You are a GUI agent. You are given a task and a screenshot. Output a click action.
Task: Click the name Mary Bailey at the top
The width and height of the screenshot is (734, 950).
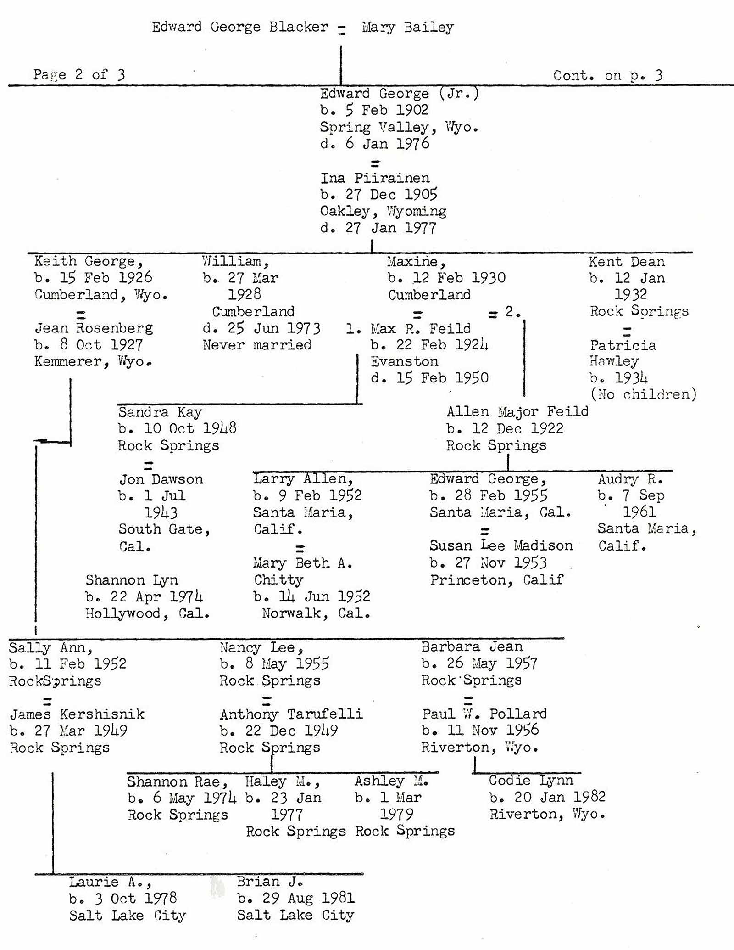(x=407, y=28)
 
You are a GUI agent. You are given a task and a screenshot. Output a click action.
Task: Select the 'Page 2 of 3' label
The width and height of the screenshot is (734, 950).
(x=79, y=74)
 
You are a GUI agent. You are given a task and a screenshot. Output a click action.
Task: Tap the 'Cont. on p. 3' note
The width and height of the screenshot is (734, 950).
(x=607, y=75)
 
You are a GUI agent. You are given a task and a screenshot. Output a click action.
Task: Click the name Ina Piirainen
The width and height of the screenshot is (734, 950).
(x=375, y=178)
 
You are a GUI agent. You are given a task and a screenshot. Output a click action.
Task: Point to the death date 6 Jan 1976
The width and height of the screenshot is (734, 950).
(x=375, y=144)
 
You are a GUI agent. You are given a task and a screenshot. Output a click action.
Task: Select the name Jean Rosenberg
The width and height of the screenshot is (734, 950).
(x=94, y=328)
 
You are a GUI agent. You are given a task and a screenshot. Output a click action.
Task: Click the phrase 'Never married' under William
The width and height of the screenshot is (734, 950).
(x=257, y=345)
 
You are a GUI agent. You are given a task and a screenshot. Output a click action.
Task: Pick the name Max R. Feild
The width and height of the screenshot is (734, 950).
(x=420, y=329)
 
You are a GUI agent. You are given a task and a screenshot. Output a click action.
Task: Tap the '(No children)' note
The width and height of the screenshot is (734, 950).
(x=643, y=394)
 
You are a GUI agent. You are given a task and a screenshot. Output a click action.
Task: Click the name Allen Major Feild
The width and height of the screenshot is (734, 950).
(x=517, y=411)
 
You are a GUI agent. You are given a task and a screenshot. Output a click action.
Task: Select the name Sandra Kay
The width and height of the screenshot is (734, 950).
(x=160, y=412)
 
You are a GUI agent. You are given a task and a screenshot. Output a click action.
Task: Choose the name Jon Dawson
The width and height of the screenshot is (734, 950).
(x=161, y=479)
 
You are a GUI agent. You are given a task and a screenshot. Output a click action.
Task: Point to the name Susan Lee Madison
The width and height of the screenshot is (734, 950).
(x=501, y=546)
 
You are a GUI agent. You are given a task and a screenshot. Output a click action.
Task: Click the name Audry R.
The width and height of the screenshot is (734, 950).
(x=630, y=479)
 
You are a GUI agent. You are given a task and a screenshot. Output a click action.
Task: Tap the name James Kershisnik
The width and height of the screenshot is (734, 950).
(x=77, y=714)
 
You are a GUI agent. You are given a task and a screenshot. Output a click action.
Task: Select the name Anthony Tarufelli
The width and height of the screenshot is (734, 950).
(x=291, y=714)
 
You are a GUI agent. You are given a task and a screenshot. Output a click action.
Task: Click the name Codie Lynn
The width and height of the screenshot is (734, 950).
(x=531, y=780)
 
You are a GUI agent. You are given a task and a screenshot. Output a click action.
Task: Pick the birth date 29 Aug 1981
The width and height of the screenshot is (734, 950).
(x=296, y=898)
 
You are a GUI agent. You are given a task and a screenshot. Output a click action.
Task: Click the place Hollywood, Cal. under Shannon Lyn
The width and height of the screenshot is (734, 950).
(x=147, y=613)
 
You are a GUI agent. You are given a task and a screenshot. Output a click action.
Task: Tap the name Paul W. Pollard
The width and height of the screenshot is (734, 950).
(x=484, y=714)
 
